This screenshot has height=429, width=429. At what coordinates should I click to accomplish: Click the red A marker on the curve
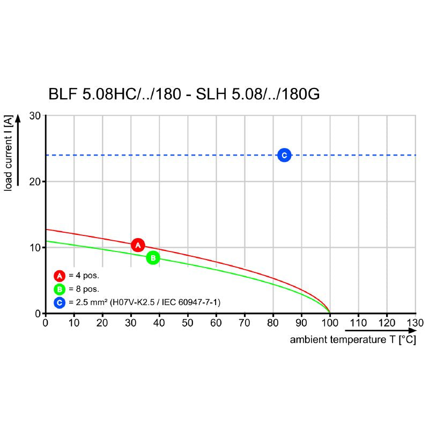point(138,245)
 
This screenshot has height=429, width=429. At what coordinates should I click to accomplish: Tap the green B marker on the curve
point(153,258)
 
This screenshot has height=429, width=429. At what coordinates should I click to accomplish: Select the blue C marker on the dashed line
point(284,156)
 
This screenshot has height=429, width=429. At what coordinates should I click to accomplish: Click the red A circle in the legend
point(60,276)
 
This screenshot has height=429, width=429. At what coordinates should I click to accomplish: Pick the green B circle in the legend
point(60,290)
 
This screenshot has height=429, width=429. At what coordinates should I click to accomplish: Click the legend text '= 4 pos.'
point(84,276)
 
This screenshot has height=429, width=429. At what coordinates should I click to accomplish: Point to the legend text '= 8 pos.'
point(84,290)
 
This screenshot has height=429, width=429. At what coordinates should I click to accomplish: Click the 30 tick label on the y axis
point(35,116)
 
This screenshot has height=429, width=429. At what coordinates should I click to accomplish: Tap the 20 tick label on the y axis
point(35,182)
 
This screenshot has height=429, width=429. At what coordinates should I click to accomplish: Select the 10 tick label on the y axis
point(35,247)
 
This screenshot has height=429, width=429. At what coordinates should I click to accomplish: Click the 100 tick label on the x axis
point(329,323)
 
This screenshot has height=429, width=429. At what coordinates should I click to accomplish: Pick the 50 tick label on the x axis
point(188,323)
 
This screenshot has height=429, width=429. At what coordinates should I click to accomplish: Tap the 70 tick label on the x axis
point(245,323)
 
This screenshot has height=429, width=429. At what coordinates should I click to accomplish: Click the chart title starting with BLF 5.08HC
point(184,95)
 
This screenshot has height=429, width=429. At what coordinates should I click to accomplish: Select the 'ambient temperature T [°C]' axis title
point(353,341)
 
